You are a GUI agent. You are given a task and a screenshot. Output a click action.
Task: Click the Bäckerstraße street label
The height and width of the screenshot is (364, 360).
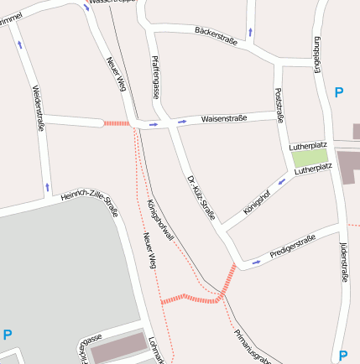click(x=216, y=35)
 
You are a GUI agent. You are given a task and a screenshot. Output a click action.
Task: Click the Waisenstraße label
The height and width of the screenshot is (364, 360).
click(x=223, y=119)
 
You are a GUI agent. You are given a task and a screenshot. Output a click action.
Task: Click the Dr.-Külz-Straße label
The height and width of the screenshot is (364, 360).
click(x=201, y=197)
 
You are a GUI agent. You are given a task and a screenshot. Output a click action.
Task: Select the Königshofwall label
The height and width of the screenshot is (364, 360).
click(x=160, y=221)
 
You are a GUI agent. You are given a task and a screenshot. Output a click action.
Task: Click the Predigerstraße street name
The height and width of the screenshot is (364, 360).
click(x=293, y=246)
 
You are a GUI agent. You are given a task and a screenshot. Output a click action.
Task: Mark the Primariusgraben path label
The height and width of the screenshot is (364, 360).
click(x=252, y=346)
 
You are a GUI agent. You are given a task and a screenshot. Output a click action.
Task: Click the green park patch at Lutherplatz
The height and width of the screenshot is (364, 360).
click(x=310, y=157)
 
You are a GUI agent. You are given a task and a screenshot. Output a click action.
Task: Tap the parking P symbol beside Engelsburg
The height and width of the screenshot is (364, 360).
click(x=339, y=93)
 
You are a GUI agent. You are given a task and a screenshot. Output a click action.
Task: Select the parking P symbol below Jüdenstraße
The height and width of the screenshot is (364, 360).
click(x=342, y=355)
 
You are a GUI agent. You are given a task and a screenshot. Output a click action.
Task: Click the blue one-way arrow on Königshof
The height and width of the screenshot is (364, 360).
click(x=282, y=179)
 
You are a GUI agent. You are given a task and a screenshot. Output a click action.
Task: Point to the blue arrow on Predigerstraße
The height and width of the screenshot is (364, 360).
click(x=256, y=261)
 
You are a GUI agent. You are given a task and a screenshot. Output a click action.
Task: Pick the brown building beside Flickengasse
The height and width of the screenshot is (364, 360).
click(x=117, y=347)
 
